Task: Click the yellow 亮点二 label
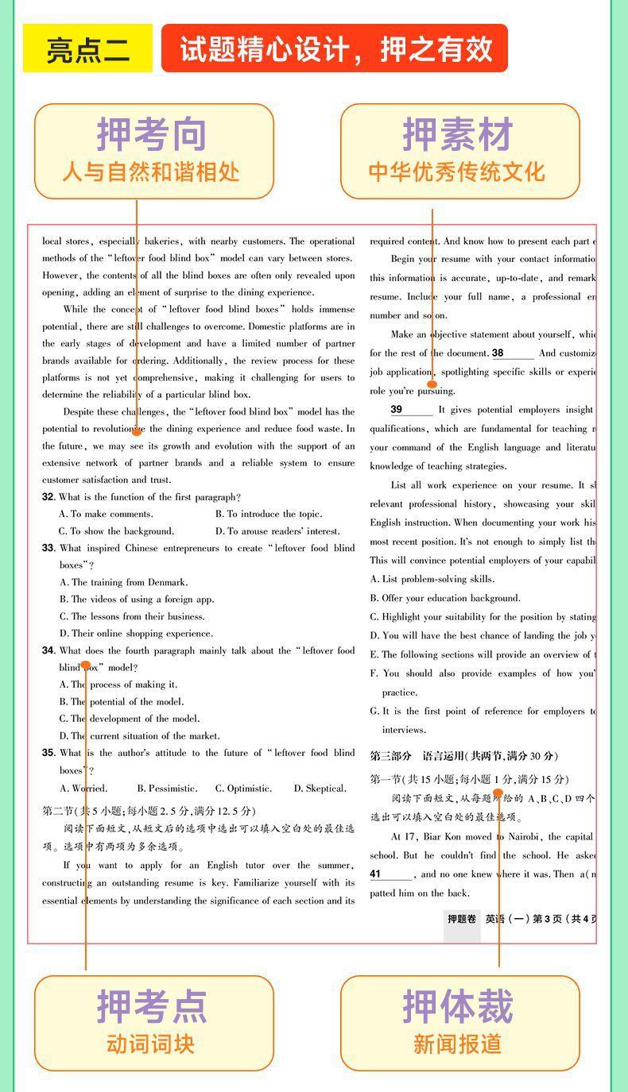[87, 49]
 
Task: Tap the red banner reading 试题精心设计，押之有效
[335, 49]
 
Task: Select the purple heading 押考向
[152, 134]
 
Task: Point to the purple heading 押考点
[152, 1006]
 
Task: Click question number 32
[48, 497]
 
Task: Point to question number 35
[48, 753]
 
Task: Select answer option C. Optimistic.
[243, 789]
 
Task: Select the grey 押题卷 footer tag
[462, 919]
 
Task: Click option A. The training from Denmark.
[123, 582]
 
